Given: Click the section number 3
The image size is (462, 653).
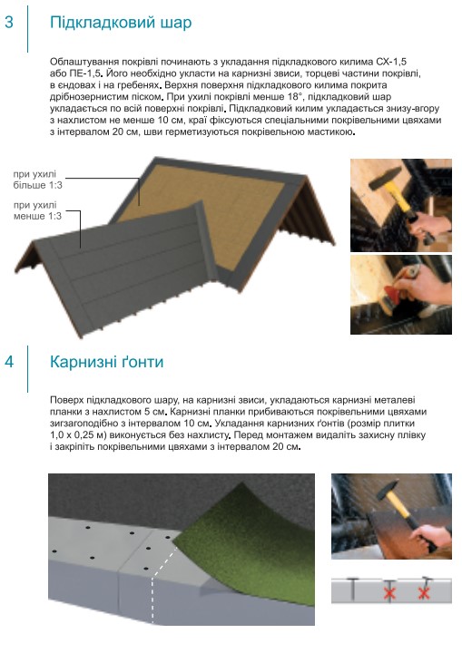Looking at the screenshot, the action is click(9, 22).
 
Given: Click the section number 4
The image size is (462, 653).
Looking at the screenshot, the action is click(9, 362).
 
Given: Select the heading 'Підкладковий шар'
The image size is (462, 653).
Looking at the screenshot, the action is click(121, 23).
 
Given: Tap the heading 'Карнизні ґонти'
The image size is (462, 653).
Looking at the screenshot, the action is click(107, 362).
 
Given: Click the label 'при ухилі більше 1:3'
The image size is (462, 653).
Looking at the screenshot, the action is click(37, 180).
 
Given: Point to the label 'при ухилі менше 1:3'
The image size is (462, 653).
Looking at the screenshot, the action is click(37, 210).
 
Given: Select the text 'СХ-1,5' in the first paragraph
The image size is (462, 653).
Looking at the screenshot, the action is click(391, 62).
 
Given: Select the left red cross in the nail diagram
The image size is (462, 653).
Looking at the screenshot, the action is click(389, 592).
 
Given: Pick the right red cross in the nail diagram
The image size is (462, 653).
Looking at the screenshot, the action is click(424, 592).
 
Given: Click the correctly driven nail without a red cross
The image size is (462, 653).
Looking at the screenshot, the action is click(353, 588).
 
